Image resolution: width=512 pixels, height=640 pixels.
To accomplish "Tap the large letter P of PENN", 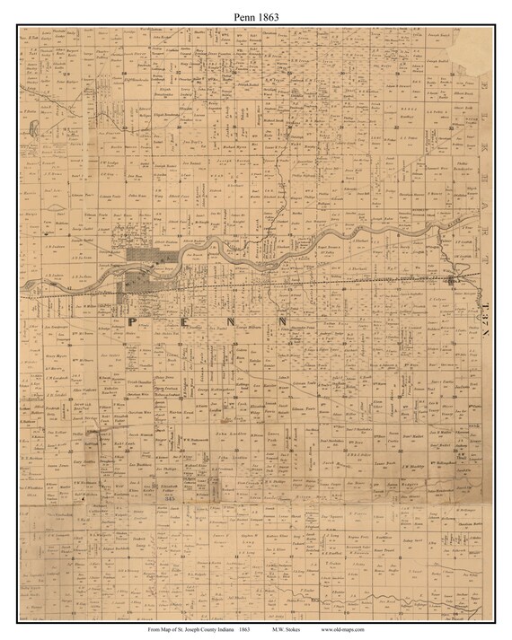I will pyautogui.click(x=133, y=320).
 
